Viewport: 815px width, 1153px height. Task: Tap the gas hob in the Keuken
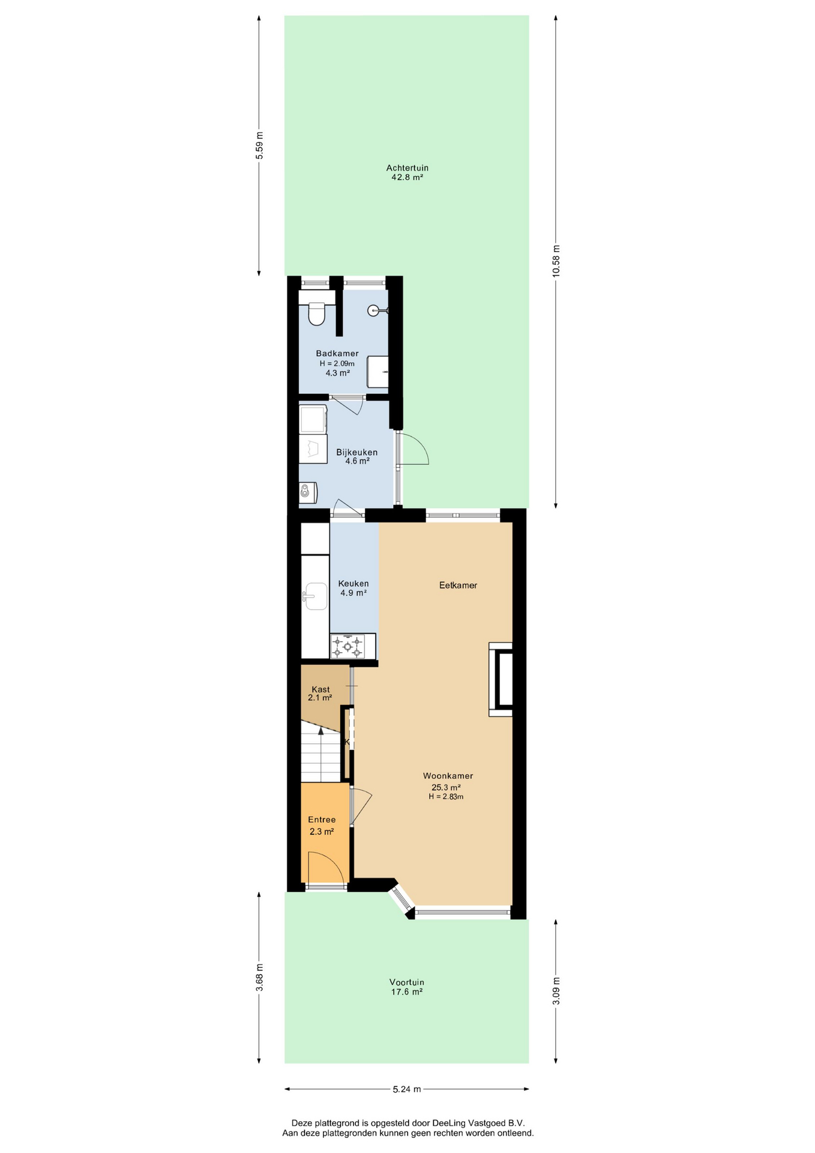click(348, 647)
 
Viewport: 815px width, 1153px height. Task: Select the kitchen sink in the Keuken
click(316, 596)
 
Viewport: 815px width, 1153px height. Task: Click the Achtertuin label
click(407, 168)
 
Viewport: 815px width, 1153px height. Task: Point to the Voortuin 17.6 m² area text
click(407, 991)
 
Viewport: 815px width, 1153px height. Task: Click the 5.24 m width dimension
click(407, 1089)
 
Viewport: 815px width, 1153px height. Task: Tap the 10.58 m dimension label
click(556, 261)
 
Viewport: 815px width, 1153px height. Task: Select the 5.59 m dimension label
click(259, 145)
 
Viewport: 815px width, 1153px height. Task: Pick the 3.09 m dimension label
click(556, 991)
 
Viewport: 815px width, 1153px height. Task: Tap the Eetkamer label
click(458, 585)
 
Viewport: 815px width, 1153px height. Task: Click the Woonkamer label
click(448, 776)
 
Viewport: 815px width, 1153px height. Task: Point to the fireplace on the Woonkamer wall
click(501, 679)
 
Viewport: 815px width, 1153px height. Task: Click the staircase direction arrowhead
click(321, 731)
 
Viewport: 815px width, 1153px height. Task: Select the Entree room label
click(322, 820)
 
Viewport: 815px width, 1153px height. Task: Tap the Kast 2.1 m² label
click(320, 694)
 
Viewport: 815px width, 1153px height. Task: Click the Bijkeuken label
click(357, 452)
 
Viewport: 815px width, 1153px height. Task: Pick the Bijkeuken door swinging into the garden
click(412, 448)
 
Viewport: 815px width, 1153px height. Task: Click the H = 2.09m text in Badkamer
click(337, 363)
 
